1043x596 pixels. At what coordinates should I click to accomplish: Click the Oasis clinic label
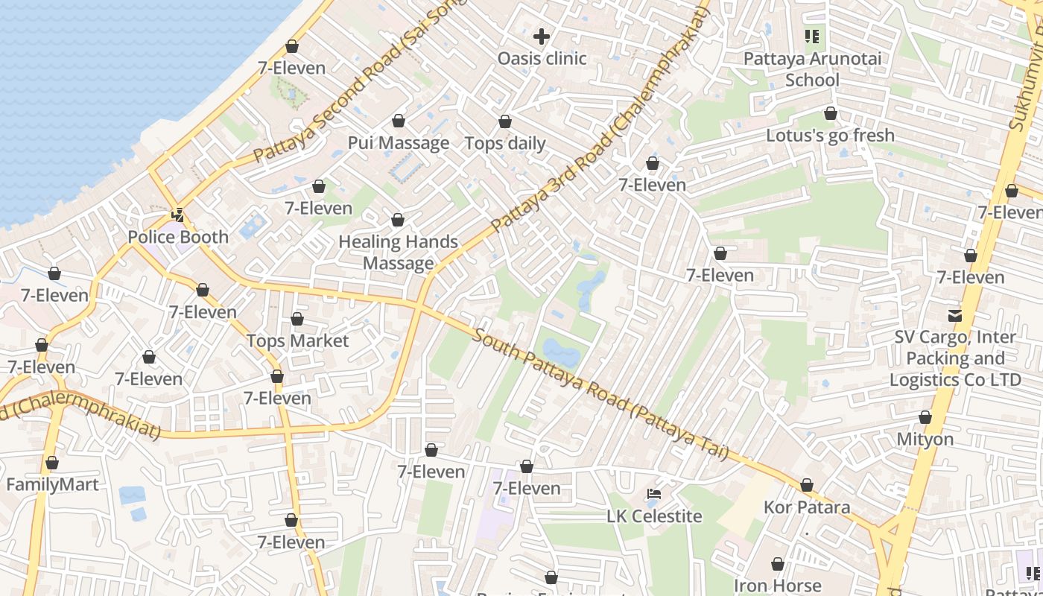pos(542,58)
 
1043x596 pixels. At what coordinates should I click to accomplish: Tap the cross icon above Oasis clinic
pos(542,36)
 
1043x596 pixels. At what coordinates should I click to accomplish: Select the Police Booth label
pos(178,237)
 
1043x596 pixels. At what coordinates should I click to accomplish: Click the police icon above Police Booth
pos(178,215)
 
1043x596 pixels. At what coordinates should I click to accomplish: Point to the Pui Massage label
pos(399,143)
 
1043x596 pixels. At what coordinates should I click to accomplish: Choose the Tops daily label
pos(505,144)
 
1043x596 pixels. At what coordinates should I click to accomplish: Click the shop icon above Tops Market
pos(297,320)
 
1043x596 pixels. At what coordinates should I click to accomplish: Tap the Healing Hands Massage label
pos(398,253)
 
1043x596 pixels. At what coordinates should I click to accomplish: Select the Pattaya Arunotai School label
pos(812,69)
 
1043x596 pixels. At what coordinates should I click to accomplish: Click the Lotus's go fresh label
pos(830,136)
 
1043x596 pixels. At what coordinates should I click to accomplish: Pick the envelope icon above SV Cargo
pos(954,315)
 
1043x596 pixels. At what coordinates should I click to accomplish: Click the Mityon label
pos(925,440)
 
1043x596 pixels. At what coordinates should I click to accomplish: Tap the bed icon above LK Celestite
pos(653,494)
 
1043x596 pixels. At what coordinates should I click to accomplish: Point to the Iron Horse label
pos(777,586)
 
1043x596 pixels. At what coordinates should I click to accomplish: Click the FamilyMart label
pos(52,485)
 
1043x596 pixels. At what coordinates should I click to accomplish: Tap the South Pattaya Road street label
pos(600,395)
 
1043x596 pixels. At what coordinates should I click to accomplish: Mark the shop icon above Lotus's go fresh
pos(830,114)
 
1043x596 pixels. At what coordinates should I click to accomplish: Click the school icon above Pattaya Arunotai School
pos(812,36)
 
